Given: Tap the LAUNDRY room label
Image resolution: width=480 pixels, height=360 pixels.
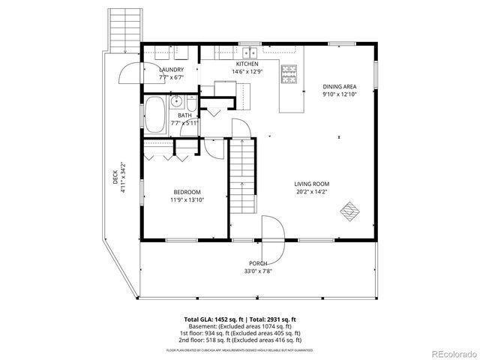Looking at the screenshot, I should [x=171, y=70].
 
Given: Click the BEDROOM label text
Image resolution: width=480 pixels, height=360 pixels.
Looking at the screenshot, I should [x=187, y=192].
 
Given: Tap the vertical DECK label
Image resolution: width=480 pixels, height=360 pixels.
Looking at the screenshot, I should [x=115, y=175].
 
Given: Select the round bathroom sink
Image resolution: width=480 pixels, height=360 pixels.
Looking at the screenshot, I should [x=177, y=103].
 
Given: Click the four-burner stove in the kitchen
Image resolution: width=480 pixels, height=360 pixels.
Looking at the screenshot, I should [x=288, y=73].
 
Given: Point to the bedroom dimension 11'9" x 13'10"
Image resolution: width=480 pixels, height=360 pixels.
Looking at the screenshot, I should [x=187, y=200].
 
